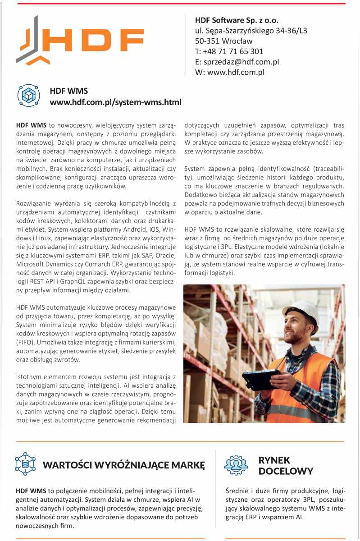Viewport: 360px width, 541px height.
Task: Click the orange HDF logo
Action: coord(81,41)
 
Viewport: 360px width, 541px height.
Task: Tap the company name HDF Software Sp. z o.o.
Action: coord(237,20)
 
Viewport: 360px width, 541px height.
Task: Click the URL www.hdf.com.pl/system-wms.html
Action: coord(115,102)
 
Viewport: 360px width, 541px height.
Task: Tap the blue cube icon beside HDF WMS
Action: coord(29,95)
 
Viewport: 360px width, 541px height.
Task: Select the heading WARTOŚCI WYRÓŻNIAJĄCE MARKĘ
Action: coord(124,465)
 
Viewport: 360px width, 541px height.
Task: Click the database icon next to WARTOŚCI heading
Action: coord(25,464)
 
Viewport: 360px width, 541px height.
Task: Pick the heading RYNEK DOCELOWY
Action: coord(286,466)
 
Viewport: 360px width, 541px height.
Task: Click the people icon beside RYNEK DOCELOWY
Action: coord(236,465)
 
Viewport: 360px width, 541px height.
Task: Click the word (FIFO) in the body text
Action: coord(24,343)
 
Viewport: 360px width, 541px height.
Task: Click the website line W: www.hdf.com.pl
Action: coord(229,72)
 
